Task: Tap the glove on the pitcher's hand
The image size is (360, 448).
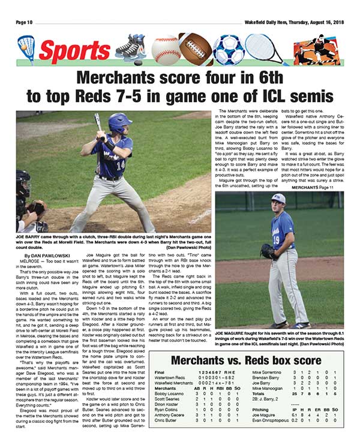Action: pos(268,250)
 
